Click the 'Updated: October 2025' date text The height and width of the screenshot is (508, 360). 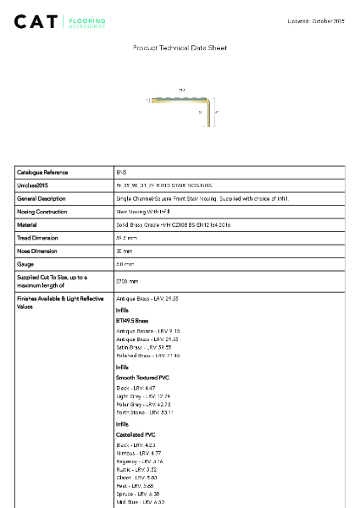[x=315, y=20]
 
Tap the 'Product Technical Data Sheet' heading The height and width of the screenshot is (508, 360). [x=180, y=48]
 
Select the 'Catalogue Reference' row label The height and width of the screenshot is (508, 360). [x=43, y=172]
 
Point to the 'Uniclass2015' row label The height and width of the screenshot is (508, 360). [x=32, y=185]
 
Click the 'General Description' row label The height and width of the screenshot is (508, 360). [x=42, y=198]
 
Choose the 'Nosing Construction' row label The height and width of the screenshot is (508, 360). [x=42, y=212]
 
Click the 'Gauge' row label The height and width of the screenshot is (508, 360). [x=25, y=265]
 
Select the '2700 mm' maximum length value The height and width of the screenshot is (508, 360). [x=128, y=280]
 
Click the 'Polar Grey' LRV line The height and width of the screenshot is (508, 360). [x=145, y=404]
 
